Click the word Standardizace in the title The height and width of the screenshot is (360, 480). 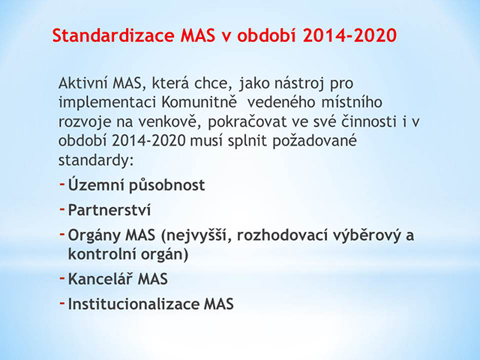tap(113, 35)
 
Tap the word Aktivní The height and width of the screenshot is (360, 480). tap(83, 83)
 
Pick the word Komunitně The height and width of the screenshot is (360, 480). tap(199, 102)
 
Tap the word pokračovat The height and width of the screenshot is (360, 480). tap(247, 122)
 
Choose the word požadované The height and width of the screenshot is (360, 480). tap(315, 141)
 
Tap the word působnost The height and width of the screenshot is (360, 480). tap(166, 186)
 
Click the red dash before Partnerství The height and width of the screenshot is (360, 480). tap(62, 209)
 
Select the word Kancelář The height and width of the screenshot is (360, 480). tap(100, 278)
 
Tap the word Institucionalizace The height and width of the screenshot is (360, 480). tap(133, 304)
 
